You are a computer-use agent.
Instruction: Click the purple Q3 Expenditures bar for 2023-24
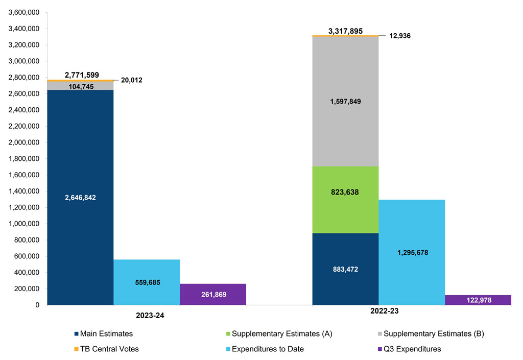(x=213, y=295)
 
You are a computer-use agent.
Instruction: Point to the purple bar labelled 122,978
(x=478, y=300)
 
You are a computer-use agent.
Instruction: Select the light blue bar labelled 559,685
(x=147, y=282)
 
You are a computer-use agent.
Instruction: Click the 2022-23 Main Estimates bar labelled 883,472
(x=345, y=269)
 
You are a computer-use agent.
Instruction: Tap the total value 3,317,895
(x=345, y=31)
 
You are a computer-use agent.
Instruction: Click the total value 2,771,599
(x=82, y=75)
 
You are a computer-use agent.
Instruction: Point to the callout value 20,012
(x=132, y=80)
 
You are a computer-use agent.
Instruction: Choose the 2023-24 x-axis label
(x=146, y=316)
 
